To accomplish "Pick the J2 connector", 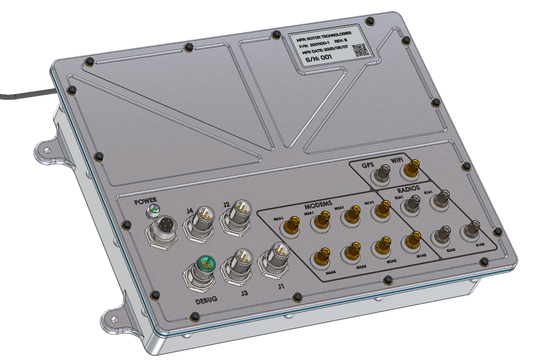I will point(237,214).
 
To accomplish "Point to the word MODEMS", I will point(318,205).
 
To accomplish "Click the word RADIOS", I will point(408,188).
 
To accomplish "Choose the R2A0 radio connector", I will point(441,234).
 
